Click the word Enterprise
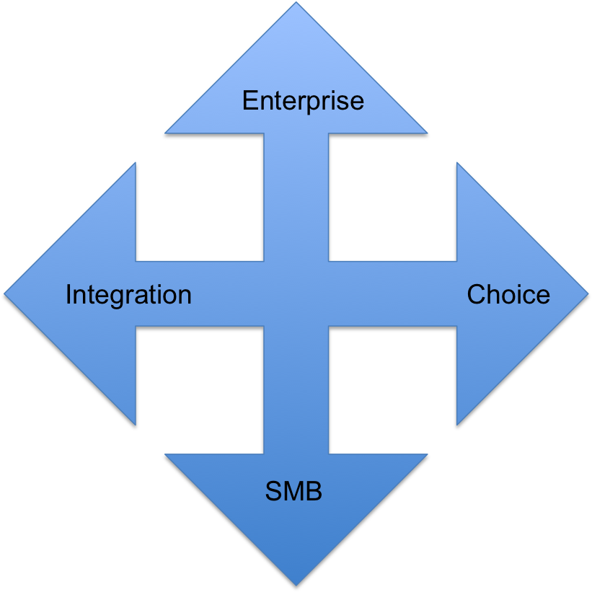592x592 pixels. (x=303, y=101)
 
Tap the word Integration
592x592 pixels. (x=129, y=295)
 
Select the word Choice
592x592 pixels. (x=508, y=294)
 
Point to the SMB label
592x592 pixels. (x=293, y=491)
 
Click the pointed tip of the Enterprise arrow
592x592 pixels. (x=296, y=3)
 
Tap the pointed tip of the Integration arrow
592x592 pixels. (x=4, y=293)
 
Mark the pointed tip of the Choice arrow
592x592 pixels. (x=588, y=293)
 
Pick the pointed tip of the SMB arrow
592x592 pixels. (x=296, y=586)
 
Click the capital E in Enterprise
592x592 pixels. (x=251, y=100)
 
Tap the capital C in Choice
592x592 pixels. (x=477, y=293)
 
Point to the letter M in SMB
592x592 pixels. (x=293, y=491)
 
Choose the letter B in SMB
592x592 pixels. (x=314, y=491)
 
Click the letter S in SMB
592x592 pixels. (x=273, y=491)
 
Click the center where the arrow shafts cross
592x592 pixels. (x=296, y=293)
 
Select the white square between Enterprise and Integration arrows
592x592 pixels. (x=200, y=197)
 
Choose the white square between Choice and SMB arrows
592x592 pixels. (x=393, y=390)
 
